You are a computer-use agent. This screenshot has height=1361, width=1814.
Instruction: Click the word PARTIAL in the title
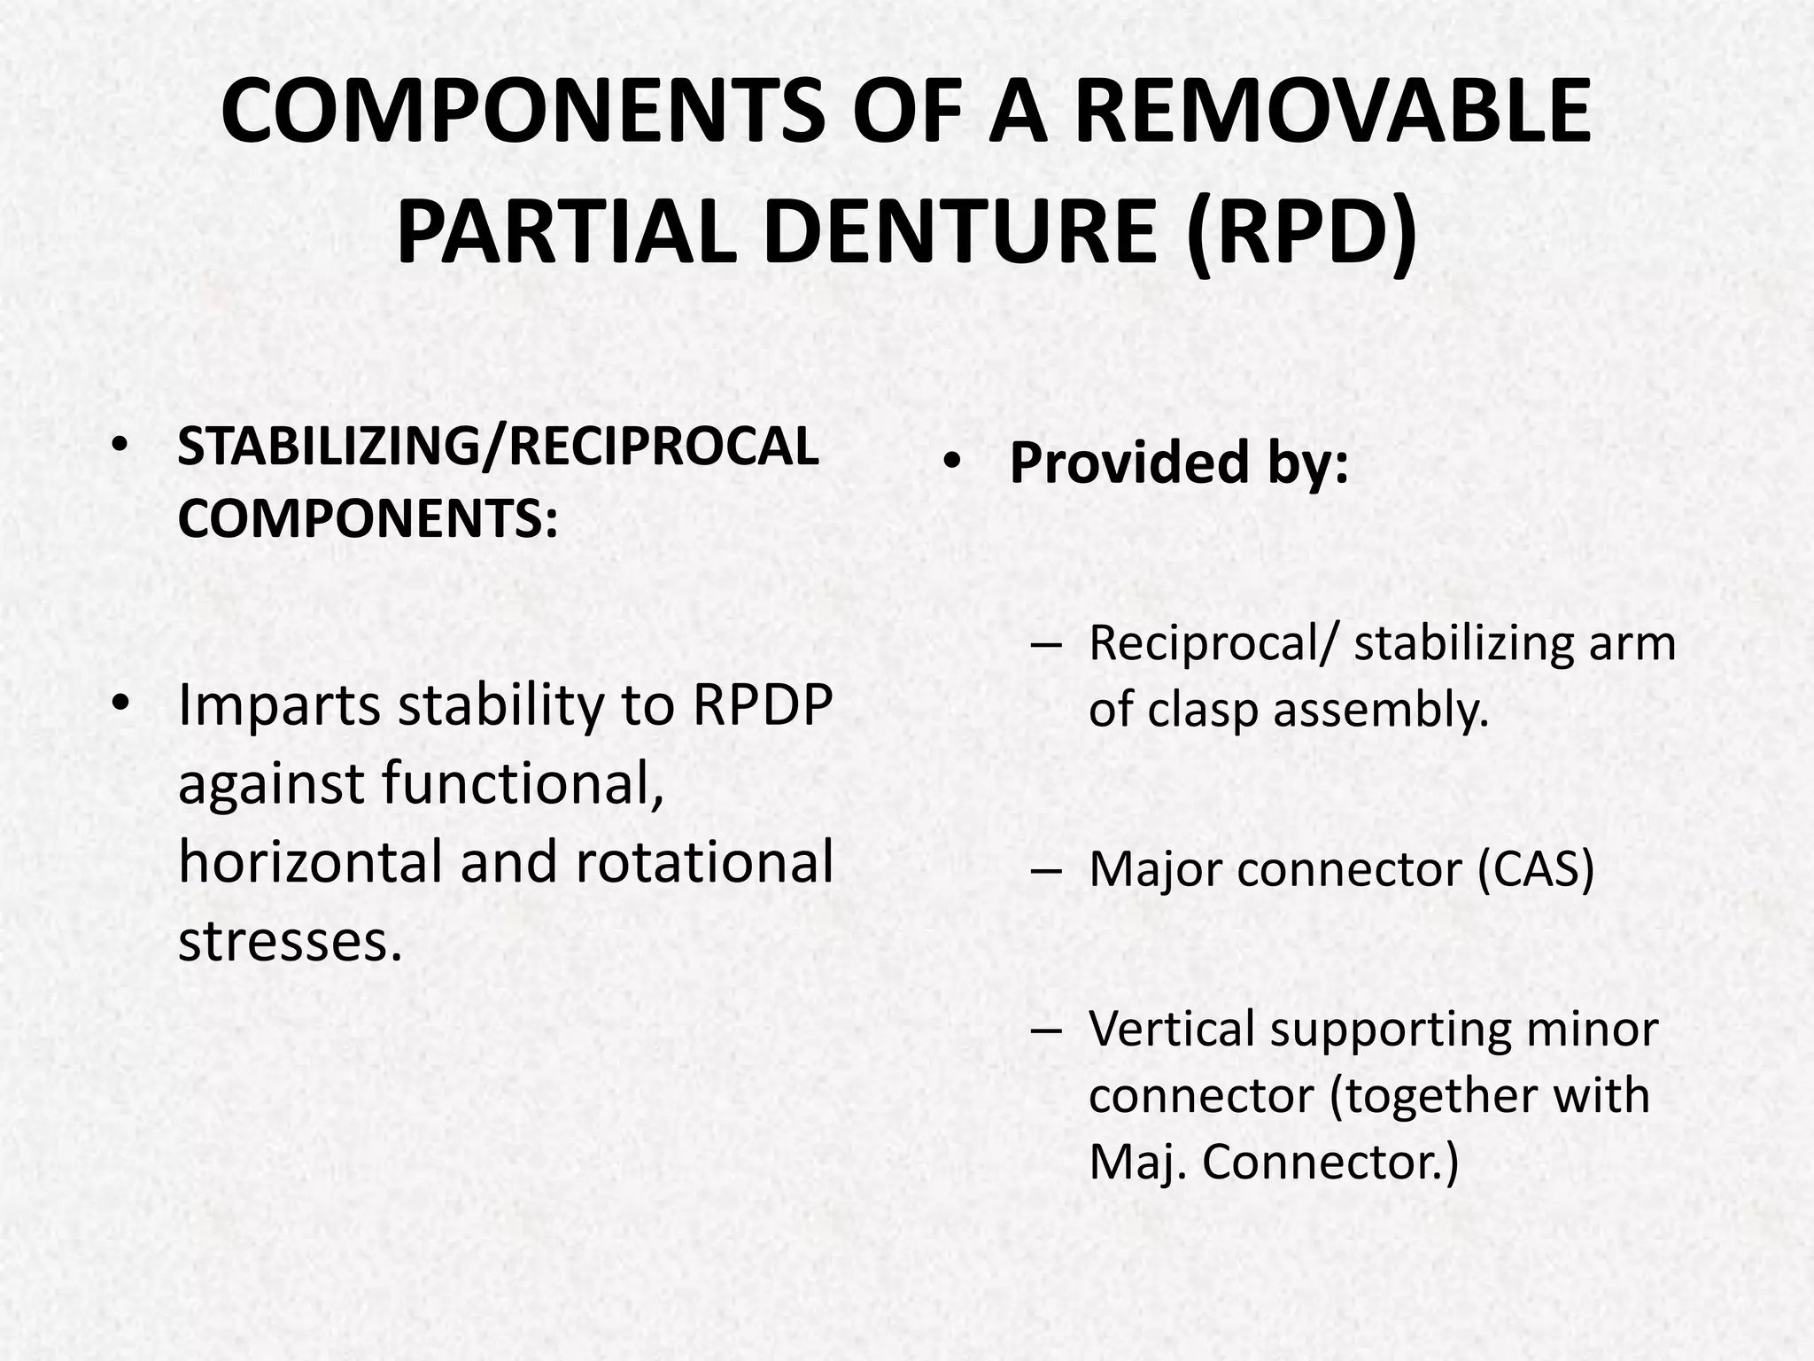click(565, 232)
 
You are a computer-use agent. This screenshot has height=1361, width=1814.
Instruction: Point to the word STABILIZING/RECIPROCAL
click(498, 447)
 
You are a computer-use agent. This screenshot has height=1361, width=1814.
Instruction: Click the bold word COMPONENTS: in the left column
click(368, 517)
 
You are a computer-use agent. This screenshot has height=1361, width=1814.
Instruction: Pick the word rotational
click(704, 861)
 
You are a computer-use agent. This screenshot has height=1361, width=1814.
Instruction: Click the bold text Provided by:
click(1178, 463)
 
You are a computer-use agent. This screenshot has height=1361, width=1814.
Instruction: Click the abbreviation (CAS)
click(1536, 870)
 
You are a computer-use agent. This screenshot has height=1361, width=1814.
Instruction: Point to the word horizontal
click(310, 861)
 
